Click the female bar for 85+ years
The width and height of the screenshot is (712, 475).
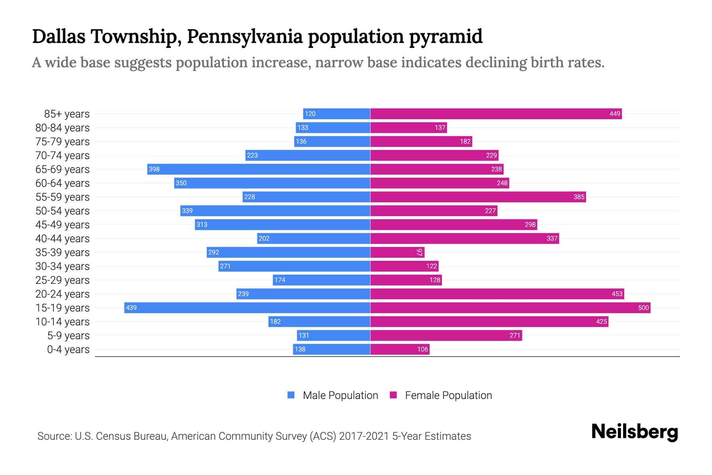click(496, 114)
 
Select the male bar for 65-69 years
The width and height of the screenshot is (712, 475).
click(259, 169)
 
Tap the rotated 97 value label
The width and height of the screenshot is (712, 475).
click(419, 253)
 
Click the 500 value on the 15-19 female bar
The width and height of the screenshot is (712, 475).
click(643, 308)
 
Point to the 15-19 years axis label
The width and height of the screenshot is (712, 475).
click(62, 308)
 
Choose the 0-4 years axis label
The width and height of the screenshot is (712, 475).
click(68, 350)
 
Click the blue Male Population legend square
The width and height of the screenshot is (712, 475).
click(291, 395)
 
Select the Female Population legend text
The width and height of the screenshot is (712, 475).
click(448, 395)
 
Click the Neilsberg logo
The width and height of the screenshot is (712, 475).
click(634, 432)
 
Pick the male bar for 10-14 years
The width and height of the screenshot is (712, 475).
click(319, 322)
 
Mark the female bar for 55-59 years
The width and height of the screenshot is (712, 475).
click(478, 197)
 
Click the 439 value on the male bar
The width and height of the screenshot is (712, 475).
click(131, 308)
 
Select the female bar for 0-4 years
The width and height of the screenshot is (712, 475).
click(400, 350)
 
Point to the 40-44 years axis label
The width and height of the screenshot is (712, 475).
click(62, 239)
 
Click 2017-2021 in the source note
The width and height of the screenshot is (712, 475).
click(364, 436)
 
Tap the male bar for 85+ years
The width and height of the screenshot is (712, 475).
click(337, 114)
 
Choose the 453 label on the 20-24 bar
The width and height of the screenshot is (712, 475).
click(617, 294)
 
